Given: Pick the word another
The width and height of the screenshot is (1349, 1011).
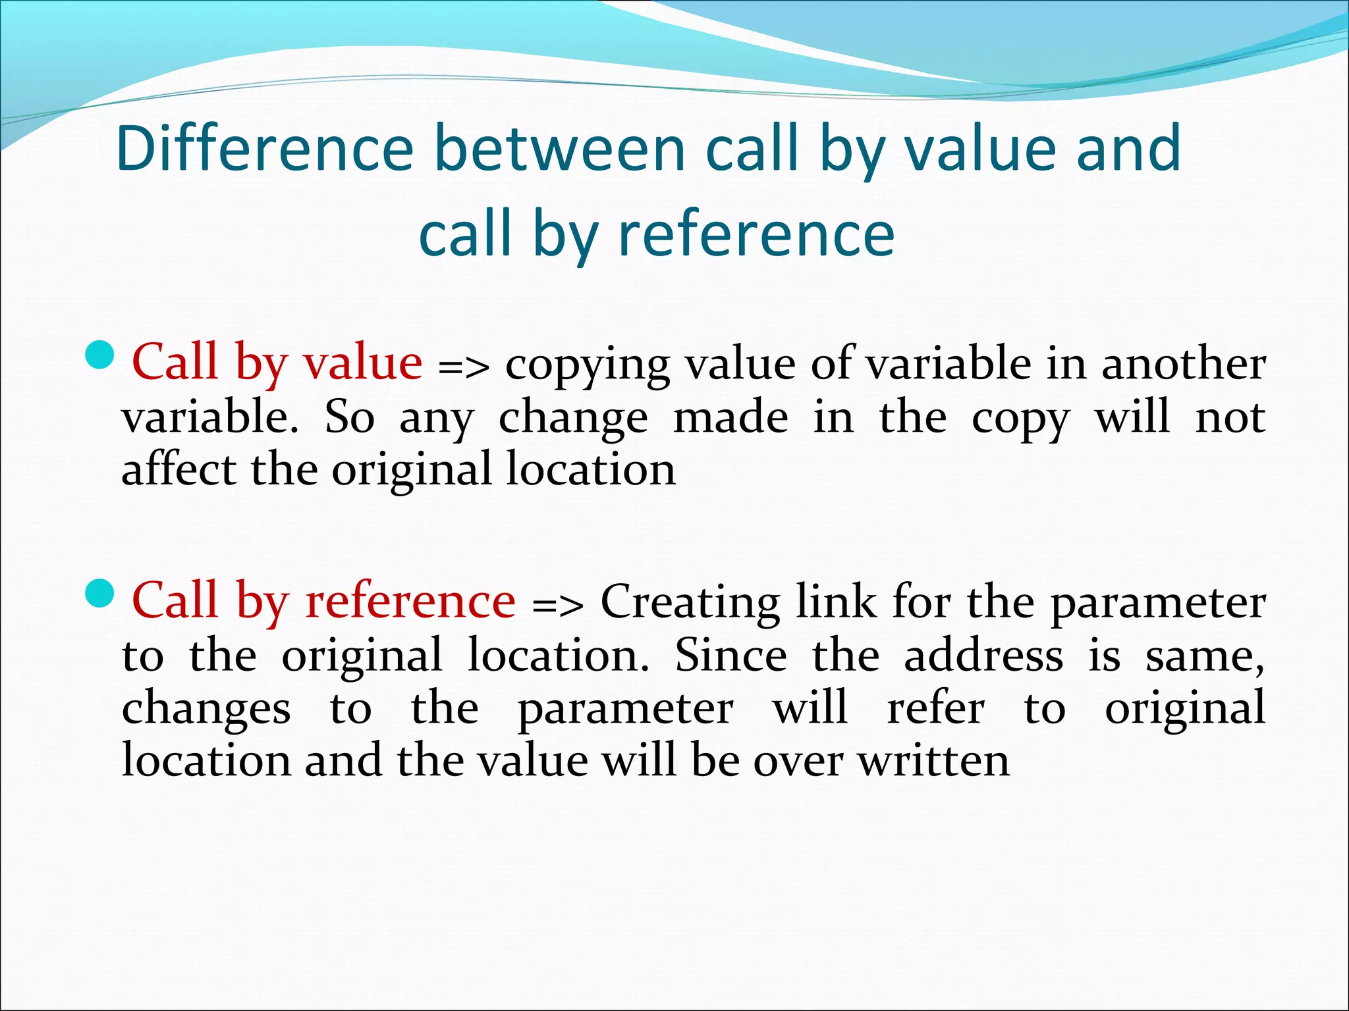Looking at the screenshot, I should click(1184, 364).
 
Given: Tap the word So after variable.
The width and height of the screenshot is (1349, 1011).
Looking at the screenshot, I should click(350, 417).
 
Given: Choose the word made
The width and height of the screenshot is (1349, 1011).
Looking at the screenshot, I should click(730, 417).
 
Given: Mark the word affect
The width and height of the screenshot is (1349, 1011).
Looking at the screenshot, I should click(179, 469).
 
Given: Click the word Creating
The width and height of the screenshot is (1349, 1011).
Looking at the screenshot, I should click(690, 602).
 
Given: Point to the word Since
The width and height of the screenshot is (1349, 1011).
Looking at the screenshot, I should click(731, 656).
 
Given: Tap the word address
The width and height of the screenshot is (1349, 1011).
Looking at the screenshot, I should click(983, 656).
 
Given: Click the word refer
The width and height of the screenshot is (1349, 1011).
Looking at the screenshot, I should click(936, 708).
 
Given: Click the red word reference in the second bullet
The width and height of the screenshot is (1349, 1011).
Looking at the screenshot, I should click(410, 601).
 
